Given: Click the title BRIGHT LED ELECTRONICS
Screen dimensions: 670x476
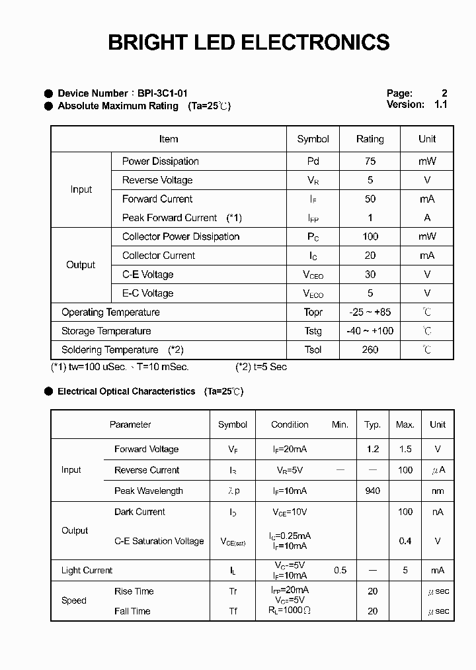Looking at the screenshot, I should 249,42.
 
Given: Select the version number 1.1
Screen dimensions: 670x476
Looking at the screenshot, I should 441,105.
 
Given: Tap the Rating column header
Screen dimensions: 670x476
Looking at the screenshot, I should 370,139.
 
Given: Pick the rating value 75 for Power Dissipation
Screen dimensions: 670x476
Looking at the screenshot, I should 370,161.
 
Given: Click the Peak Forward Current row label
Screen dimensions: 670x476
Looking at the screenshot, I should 169,218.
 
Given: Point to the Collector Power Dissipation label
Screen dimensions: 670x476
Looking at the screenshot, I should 180,236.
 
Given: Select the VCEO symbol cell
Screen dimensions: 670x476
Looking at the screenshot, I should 313,275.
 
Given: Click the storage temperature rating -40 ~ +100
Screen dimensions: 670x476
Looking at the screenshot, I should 370,331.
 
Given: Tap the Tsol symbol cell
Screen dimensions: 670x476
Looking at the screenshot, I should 313,350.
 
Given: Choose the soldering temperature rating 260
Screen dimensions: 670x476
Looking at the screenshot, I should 370,350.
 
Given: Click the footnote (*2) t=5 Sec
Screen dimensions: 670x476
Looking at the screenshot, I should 261,367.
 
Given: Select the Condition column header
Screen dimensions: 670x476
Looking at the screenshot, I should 290,424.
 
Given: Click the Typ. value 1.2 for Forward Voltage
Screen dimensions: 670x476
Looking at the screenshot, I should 373,449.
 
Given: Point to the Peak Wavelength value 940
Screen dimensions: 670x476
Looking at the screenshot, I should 373,491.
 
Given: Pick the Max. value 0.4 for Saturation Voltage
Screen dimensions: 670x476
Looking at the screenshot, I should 405,541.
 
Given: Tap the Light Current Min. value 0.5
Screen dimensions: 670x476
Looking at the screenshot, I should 340,570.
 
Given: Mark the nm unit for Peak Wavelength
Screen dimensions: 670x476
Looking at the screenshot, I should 438,491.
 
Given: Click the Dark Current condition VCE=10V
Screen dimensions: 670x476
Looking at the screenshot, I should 290,512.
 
